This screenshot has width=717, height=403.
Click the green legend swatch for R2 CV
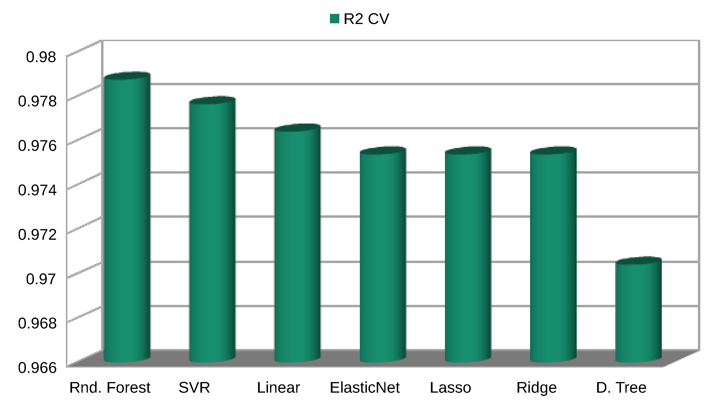[x=334, y=19]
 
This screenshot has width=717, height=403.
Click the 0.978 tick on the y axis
[x=37, y=101]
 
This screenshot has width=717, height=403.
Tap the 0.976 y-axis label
[x=37, y=145]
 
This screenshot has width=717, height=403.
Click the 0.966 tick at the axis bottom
[x=37, y=367]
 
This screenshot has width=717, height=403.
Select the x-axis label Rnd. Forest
[x=110, y=387]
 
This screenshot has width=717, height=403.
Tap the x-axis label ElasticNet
[x=365, y=387]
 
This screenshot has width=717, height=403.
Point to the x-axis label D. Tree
[x=621, y=387]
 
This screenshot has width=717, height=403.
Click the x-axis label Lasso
[x=450, y=387]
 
